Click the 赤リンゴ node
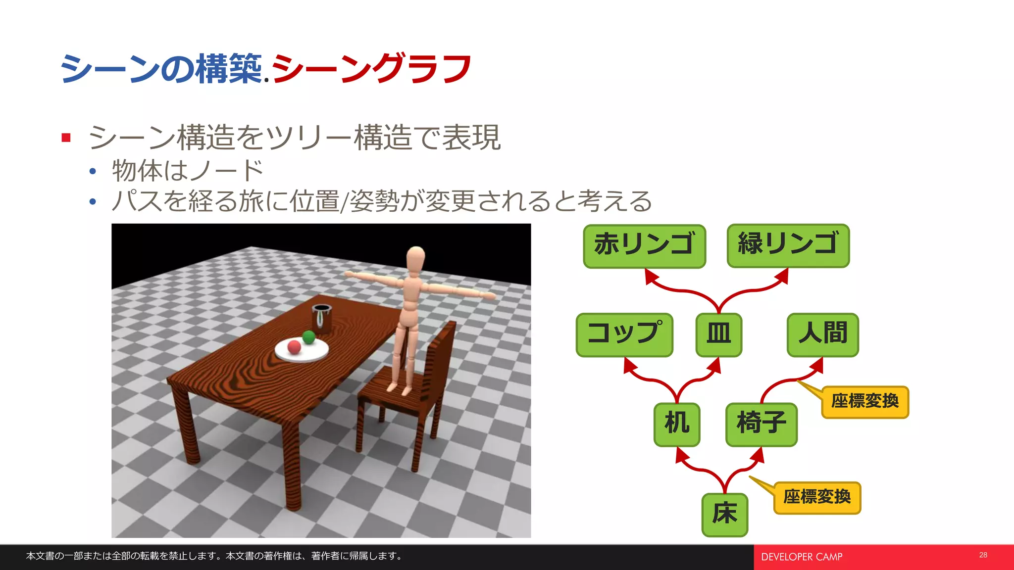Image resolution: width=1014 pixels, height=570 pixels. click(644, 246)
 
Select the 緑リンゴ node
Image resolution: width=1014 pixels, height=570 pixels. click(788, 245)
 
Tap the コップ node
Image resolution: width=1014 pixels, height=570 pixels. click(624, 334)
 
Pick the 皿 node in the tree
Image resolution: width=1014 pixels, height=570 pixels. click(718, 334)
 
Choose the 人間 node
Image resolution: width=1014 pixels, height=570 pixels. click(822, 334)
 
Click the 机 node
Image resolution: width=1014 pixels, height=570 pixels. click(677, 425)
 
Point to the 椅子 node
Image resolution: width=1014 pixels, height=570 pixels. click(761, 425)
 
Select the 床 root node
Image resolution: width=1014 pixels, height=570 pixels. click(724, 515)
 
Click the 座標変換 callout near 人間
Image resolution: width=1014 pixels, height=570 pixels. click(864, 402)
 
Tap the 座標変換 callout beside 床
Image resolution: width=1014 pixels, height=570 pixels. click(817, 498)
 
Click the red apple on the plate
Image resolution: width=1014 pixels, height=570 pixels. click(294, 346)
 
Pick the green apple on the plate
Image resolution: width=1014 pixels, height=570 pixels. click(309, 337)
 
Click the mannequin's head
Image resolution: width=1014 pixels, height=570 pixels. click(416, 258)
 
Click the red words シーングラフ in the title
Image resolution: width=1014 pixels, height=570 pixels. click(371, 68)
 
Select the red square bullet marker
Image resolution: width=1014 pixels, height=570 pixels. click(66, 138)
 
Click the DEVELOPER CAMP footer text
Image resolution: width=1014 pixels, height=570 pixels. click(802, 557)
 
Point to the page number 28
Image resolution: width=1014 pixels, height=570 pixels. click(983, 555)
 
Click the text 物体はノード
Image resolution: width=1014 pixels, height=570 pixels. click(187, 171)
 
